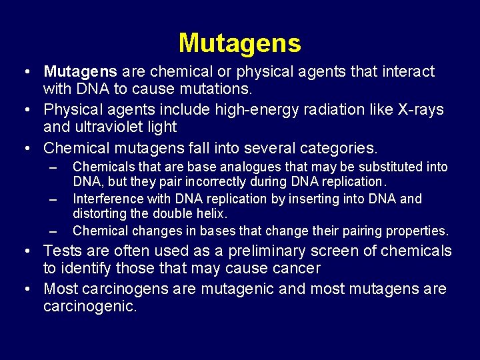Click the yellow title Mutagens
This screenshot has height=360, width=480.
point(239,44)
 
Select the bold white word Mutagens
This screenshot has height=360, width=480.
point(81,71)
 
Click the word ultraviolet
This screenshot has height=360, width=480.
point(111,127)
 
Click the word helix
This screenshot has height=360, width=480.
point(212,214)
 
